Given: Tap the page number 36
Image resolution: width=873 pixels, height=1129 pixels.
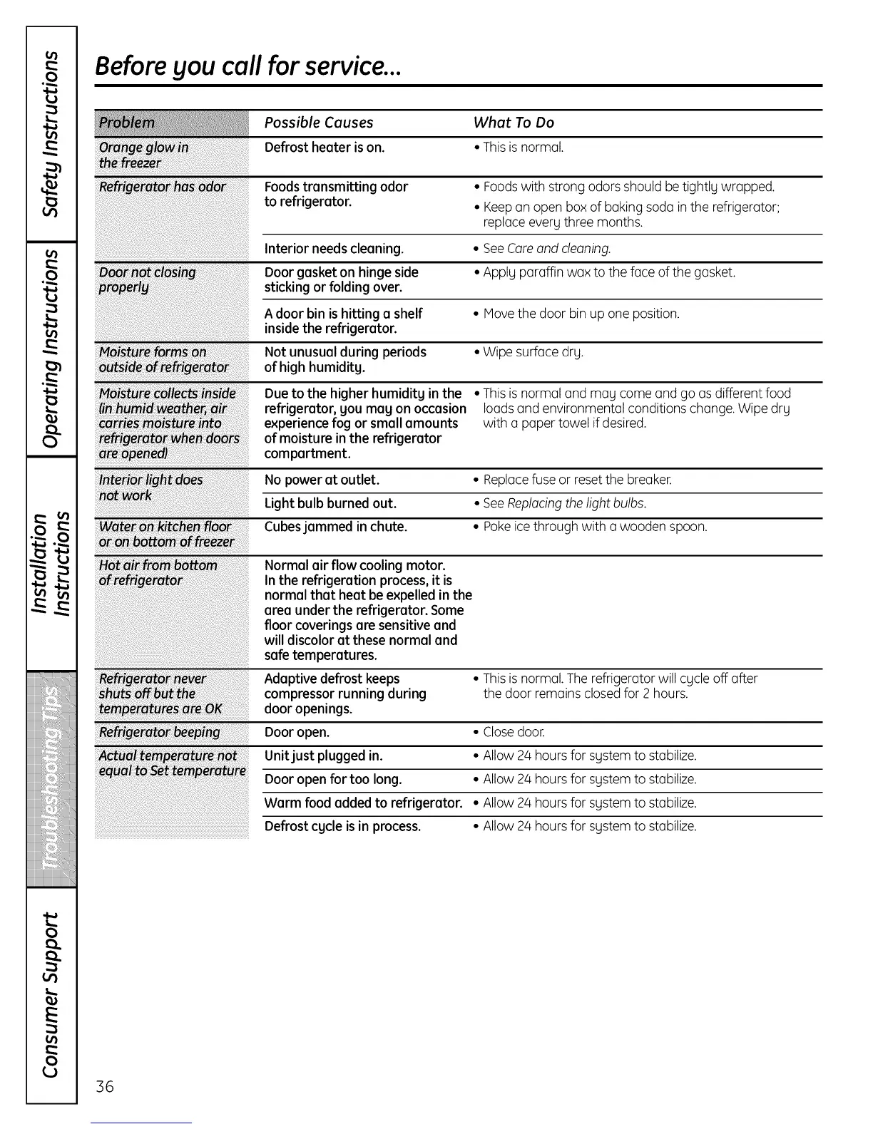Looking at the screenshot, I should pos(105,1086).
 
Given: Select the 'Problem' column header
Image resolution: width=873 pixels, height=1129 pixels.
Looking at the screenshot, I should pos(127,123).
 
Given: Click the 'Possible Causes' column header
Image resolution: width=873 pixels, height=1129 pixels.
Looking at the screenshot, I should pos(319,123).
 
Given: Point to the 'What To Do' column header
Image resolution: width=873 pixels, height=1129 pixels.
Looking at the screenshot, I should pos(514,123).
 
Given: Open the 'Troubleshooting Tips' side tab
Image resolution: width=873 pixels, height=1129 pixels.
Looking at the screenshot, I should pos(51,780).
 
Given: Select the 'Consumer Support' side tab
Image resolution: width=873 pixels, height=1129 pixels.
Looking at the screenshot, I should pos(51,995).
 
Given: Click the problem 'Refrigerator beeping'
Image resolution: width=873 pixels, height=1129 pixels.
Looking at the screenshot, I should pos(160,732).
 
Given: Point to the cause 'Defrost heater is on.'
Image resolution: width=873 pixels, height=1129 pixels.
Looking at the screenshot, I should pos(325,148).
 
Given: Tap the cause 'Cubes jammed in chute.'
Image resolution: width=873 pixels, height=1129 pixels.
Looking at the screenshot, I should pos(336,527).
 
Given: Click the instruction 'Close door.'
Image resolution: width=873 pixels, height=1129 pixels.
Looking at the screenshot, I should pos(514,732).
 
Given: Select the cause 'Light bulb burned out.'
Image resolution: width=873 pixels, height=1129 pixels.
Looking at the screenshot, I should pos(330,503).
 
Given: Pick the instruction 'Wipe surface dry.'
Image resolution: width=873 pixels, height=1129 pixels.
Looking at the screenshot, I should pos(533,352).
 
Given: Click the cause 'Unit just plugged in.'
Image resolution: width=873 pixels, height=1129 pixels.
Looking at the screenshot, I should pos(324,756).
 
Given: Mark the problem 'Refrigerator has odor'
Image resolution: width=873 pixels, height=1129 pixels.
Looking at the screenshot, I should pos(163,187).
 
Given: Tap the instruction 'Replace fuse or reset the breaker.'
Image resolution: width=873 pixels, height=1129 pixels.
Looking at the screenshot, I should pos(577,480).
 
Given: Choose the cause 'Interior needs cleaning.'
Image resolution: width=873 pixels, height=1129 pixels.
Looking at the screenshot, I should pos(334,249).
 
